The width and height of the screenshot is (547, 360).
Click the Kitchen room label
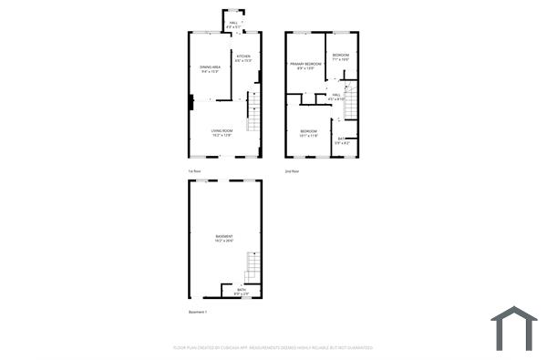pyautogui.click(x=243, y=58)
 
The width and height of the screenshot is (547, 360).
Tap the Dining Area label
pyautogui.click(x=212, y=68)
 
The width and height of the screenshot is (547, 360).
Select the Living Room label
pyautogui.click(x=222, y=133)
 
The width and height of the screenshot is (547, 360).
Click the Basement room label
pyautogui.click(x=224, y=238)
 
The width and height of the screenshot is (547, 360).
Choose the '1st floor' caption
pyautogui.click(x=194, y=171)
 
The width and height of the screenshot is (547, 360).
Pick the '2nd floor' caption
pyautogui.click(x=292, y=171)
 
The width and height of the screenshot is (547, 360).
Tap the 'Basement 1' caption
pyautogui.click(x=199, y=312)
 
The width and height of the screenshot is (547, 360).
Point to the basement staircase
pyautogui.click(x=253, y=268)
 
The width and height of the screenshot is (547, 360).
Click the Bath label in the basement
pyautogui.click(x=241, y=292)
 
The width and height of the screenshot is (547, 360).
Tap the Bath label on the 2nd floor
pyautogui.click(x=341, y=140)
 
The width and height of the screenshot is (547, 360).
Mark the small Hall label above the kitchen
pyautogui.click(x=234, y=25)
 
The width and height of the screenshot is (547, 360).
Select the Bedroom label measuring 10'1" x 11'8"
pyautogui.click(x=309, y=134)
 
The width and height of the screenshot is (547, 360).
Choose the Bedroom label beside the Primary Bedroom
pyautogui.click(x=341, y=57)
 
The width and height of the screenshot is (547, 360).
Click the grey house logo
pyautogui.click(x=514, y=328)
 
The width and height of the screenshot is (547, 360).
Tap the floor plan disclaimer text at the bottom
pyautogui.click(x=273, y=347)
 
